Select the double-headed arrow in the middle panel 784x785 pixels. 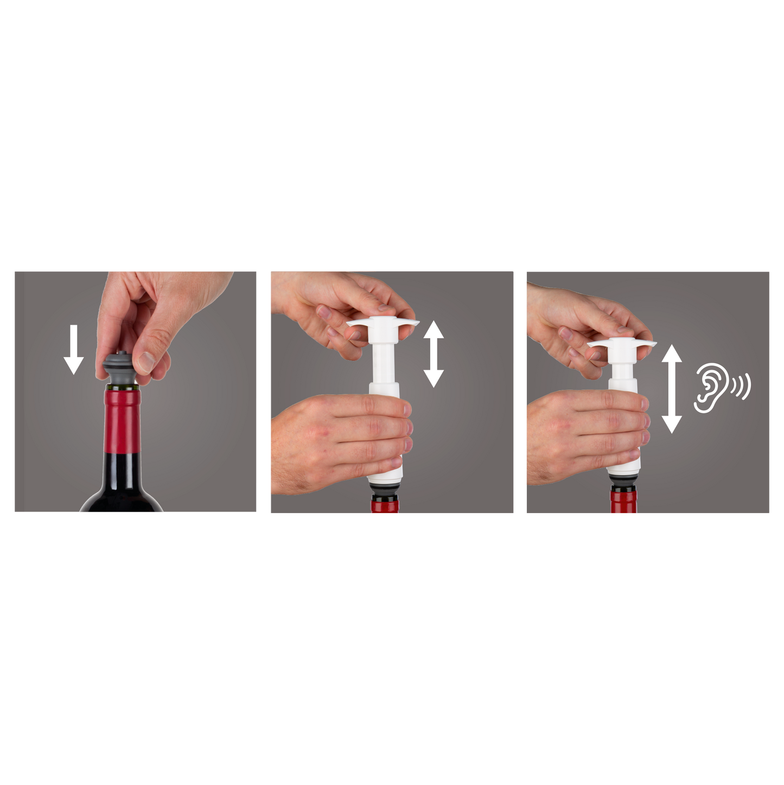point(434,353)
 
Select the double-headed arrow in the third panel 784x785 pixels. point(672,389)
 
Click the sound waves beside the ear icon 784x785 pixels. point(742,386)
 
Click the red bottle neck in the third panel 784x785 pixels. point(624,503)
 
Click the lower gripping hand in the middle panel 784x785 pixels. point(336,440)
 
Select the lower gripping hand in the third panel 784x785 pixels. point(586,434)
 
